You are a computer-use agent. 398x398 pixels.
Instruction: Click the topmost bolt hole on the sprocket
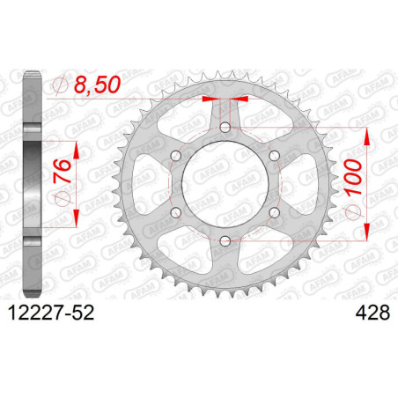click(225, 129)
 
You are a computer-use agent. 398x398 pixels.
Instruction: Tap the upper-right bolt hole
click(274, 157)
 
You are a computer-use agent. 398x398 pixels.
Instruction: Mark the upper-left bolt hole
click(175, 157)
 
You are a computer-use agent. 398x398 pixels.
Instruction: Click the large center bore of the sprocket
click(225, 185)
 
